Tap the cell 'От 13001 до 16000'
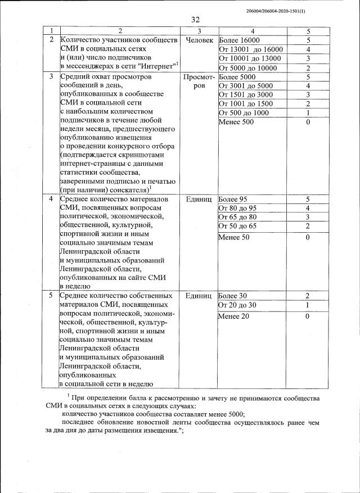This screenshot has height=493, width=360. (250, 49)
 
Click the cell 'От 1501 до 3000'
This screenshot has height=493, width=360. (245, 94)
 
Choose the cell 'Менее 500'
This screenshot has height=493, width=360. (236, 122)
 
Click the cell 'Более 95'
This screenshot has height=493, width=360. (233, 199)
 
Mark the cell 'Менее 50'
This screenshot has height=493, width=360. (233, 238)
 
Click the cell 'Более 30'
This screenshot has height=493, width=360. (233, 295)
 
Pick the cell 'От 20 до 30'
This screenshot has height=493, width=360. (237, 305)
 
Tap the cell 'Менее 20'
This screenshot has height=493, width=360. (233, 316)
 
